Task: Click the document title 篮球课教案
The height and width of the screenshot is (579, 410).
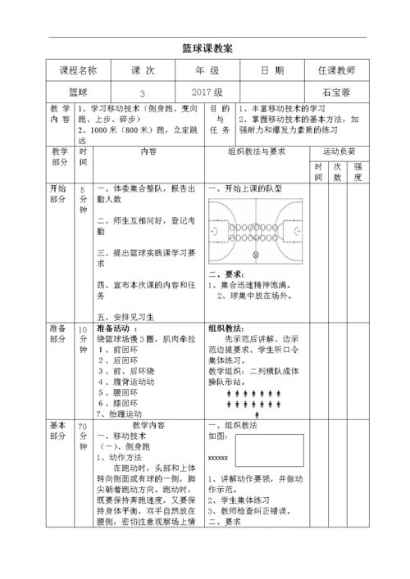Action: point(206,48)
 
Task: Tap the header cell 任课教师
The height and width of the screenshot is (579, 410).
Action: point(336,71)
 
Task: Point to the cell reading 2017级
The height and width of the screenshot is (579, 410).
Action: point(207,92)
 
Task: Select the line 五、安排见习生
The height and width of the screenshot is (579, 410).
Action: point(126,316)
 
